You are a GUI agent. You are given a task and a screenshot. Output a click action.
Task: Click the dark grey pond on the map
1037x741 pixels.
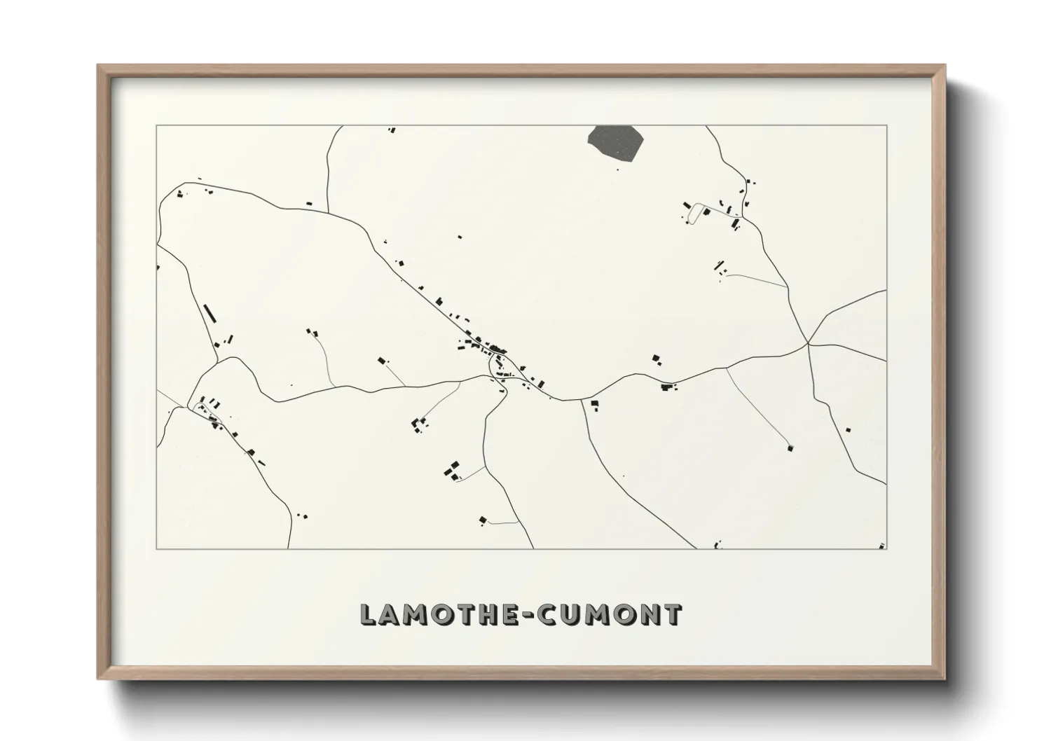point(616,142)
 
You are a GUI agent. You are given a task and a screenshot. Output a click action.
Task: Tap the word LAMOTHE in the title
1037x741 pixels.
point(438,614)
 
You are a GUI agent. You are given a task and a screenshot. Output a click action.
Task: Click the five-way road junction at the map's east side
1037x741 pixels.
point(808,343)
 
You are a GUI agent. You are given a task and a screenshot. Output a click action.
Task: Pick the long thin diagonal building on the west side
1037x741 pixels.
point(208,312)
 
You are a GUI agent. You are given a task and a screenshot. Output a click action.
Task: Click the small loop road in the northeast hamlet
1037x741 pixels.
point(695,212)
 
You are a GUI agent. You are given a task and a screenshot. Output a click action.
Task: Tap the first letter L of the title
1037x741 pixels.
point(369,614)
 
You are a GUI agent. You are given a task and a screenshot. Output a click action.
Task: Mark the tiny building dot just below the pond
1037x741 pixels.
point(617,167)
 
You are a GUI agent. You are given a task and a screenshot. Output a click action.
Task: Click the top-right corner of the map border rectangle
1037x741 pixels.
point(886,126)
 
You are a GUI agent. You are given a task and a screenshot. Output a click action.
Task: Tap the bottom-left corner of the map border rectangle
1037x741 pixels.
point(156,548)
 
